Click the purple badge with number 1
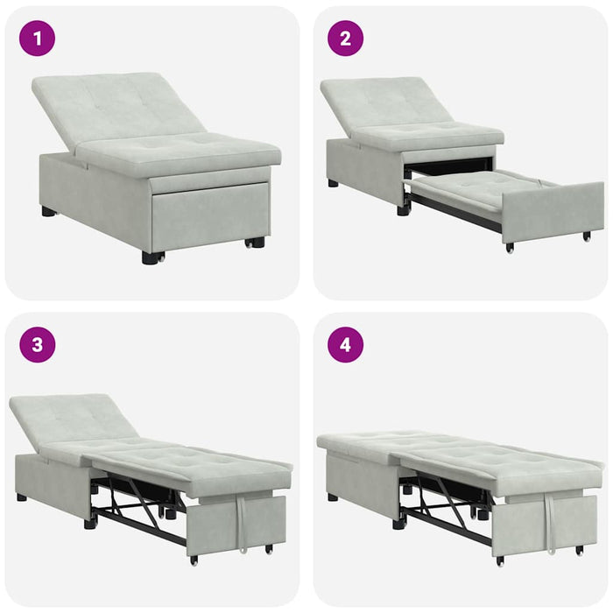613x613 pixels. (x=37, y=39)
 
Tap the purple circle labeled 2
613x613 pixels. (x=345, y=39)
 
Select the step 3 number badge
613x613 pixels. (x=37, y=344)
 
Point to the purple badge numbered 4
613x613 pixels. (x=345, y=344)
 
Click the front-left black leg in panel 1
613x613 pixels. (x=152, y=257)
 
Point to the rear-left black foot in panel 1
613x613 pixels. (x=48, y=211)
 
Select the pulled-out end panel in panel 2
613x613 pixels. (x=552, y=211)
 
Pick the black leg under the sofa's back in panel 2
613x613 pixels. (x=334, y=184)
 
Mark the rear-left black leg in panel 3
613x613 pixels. (x=21, y=497)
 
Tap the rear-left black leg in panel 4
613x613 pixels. (x=333, y=497)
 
